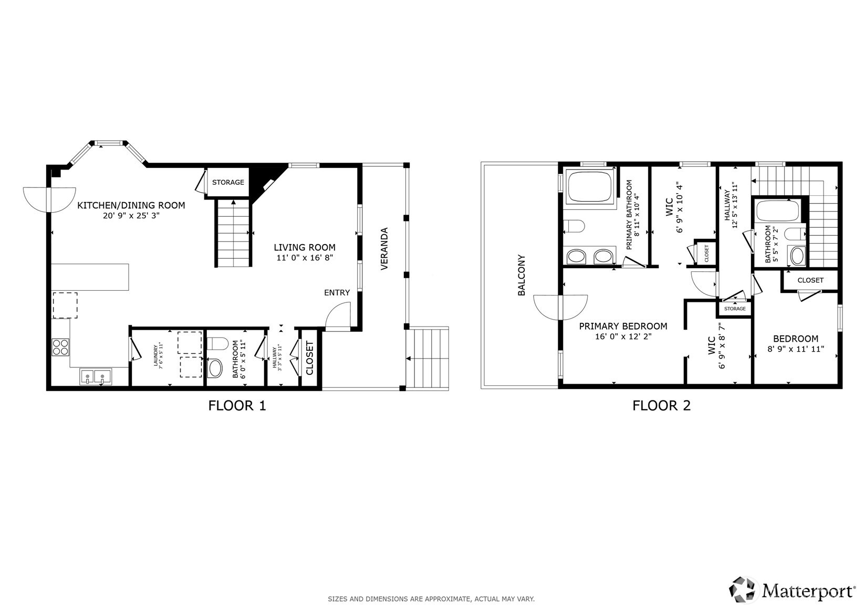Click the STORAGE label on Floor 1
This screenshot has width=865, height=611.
click(x=228, y=182)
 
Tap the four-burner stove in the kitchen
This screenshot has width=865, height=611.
click(x=60, y=347)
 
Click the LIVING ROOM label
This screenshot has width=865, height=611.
click(x=304, y=247)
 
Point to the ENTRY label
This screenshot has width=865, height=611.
click(x=337, y=292)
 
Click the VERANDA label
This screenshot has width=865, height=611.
click(x=384, y=248)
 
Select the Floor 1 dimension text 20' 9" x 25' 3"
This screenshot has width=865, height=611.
click(x=131, y=215)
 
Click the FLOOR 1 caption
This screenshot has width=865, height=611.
click(x=237, y=405)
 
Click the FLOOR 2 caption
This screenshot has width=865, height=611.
click(x=661, y=405)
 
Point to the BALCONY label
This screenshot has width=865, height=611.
click(x=522, y=275)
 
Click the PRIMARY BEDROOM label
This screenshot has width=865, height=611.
click(x=623, y=326)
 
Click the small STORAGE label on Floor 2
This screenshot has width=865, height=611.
click(x=734, y=309)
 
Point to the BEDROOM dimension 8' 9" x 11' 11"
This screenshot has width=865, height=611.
click(x=795, y=349)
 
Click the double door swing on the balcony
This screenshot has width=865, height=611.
click(x=560, y=307)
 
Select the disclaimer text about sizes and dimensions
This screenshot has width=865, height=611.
click(x=431, y=598)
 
